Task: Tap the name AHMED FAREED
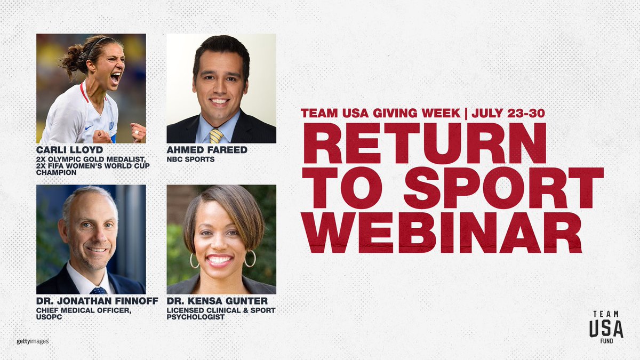point(207,150)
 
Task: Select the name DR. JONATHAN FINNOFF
point(97,301)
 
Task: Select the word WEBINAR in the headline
point(442,232)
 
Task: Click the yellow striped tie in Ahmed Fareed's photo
point(216,136)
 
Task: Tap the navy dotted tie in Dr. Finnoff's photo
point(98,291)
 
